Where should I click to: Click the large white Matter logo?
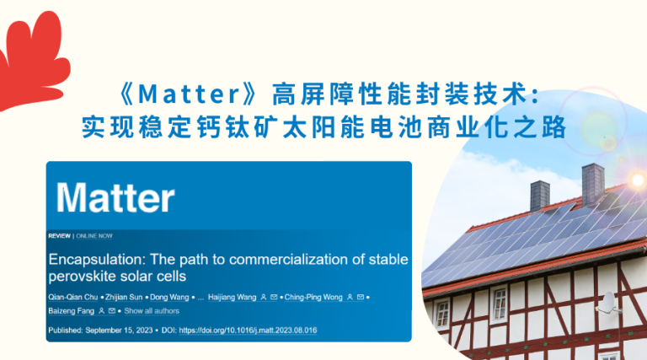coord(115,198)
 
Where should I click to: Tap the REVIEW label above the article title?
coord(60,236)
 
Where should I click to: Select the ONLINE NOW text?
coord(94,236)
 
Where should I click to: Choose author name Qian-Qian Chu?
coord(73,298)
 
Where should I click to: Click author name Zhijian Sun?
coord(124,298)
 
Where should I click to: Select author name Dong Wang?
coord(169,298)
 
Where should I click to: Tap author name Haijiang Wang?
coord(232,298)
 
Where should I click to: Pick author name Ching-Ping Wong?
coord(313,298)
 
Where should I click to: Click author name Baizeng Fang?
coord(72,311)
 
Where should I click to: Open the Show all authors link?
coord(152,311)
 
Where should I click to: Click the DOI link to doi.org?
coord(248,330)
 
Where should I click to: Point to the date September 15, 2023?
coord(119,330)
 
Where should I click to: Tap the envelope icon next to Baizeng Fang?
coord(112,311)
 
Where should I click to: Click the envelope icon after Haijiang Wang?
coord(274,297)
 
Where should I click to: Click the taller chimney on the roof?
coord(593,185)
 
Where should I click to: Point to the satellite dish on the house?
coord(607,303)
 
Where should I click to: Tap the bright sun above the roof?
coord(637,180)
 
